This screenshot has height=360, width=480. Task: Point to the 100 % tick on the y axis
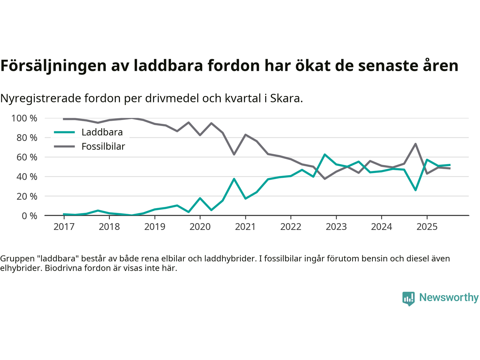click(x=24, y=118)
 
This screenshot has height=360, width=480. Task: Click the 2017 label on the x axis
click(x=64, y=227)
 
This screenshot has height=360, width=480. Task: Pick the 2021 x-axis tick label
click(x=245, y=227)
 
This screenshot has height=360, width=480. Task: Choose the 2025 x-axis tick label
click(x=427, y=227)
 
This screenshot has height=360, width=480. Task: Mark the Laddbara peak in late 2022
click(x=325, y=154)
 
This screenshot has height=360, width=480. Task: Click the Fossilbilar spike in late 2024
click(x=415, y=144)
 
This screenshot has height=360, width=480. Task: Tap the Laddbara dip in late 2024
click(x=415, y=190)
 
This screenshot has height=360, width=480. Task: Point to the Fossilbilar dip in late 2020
click(x=234, y=154)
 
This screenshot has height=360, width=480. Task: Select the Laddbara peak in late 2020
click(x=234, y=179)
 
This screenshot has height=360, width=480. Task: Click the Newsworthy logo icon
click(x=408, y=298)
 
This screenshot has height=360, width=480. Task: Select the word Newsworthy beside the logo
click(x=448, y=298)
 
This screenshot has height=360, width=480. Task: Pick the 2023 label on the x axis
click(x=336, y=227)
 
